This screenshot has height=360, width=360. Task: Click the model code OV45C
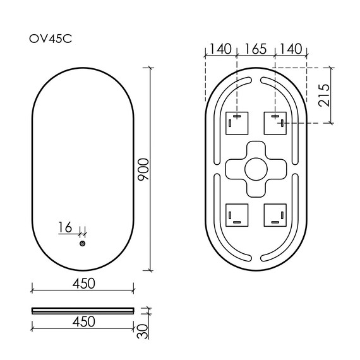[51, 39]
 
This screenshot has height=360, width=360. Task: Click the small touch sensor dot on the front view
[83, 244]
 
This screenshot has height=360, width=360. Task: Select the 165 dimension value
[256, 47]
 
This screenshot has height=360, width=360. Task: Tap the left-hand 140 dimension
[220, 47]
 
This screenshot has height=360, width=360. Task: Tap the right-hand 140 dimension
[292, 47]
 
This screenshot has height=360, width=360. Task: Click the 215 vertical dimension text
[324, 96]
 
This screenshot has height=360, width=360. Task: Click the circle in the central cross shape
[256, 169]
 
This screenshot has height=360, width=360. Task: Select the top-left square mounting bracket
[237, 122]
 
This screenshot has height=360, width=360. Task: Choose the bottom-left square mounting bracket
[237, 215]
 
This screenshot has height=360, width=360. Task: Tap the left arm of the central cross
[234, 169]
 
